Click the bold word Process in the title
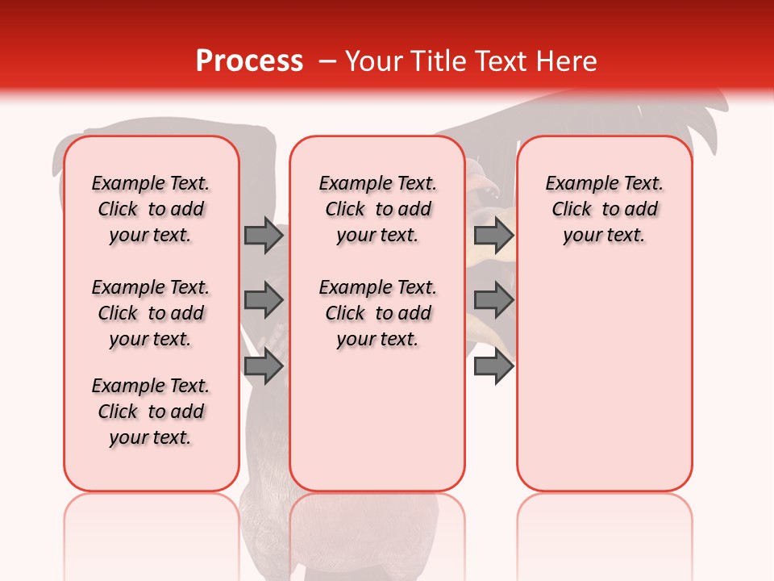click(249, 61)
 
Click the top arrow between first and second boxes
click(263, 235)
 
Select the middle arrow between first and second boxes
click(263, 300)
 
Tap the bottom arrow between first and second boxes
click(263, 367)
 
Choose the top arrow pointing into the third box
click(493, 235)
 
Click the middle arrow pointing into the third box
click(493, 300)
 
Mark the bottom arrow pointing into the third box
click(493, 367)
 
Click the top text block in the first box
click(151, 209)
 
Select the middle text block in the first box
click(151, 313)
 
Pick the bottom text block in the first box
click(151, 412)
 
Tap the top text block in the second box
click(377, 209)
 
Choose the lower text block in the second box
click(377, 313)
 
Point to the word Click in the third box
click(572, 209)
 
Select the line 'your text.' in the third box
click(604, 235)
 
